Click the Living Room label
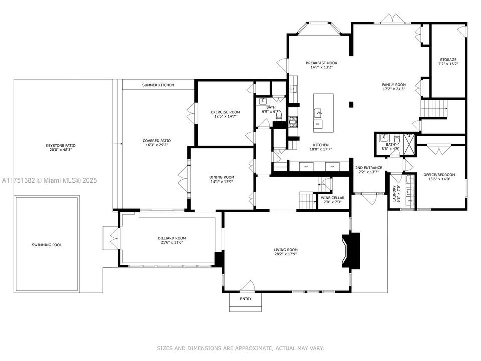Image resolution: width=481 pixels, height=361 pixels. pyautogui.click(x=285, y=250)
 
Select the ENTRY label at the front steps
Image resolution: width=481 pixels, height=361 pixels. pyautogui.click(x=246, y=299)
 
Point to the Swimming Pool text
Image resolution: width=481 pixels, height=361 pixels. pyautogui.click(x=47, y=245)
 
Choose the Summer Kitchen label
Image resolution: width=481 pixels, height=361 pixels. pyautogui.click(x=158, y=85)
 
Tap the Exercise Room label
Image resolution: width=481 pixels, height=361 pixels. pyautogui.click(x=225, y=112)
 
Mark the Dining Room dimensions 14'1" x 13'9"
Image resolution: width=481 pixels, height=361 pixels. pyautogui.click(x=222, y=182)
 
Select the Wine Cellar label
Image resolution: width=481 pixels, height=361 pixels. pyautogui.click(x=332, y=197)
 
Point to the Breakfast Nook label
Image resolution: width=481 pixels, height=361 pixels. pyautogui.click(x=321, y=63)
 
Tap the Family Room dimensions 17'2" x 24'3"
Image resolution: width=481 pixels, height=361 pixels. pyautogui.click(x=394, y=90)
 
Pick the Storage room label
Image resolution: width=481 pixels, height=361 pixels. pyautogui.click(x=448, y=60)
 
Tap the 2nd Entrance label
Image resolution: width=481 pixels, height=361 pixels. pyautogui.click(x=369, y=168)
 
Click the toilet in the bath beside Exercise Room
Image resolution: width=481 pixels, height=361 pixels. pyautogui.click(x=279, y=116)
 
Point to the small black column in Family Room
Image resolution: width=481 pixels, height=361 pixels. pyautogui.click(x=351, y=105)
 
